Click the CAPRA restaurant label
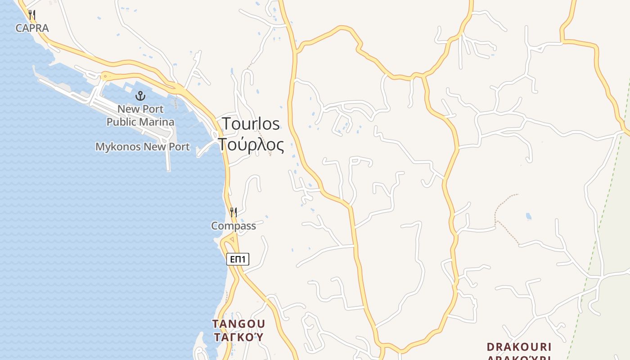pos(32,28)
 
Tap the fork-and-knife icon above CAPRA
pos(31,15)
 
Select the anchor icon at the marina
pos(140,95)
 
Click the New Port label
pos(140,109)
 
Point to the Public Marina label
pos(140,121)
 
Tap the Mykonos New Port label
pos(142,147)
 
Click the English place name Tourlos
pos(251,124)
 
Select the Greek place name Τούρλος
pos(251,145)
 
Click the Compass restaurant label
pos(234,226)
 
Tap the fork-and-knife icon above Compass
pos(234,212)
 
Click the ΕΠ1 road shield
pos(238,259)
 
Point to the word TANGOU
pos(238,324)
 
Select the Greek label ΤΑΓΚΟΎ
pos(238,337)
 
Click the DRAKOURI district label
pos(519,347)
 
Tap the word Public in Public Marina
pos(121,121)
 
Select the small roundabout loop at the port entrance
pos(106,76)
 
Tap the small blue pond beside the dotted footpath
pos(528,217)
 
